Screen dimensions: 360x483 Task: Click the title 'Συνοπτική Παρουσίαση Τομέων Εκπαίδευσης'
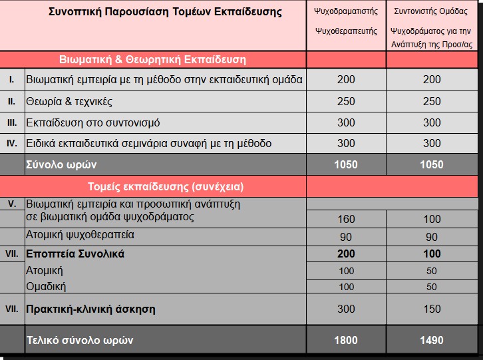[165, 12]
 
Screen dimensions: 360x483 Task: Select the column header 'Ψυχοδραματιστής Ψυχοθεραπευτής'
[345, 21]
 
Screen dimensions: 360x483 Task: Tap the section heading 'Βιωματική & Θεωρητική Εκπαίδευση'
[152, 60]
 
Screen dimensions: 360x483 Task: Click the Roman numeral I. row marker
[11, 80]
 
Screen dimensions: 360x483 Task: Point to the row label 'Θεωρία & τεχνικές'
[69, 102]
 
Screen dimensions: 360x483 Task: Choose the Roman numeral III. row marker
[11, 123]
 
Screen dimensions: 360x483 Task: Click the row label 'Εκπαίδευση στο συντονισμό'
[92, 123]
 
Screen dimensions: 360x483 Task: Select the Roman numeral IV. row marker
[11, 144]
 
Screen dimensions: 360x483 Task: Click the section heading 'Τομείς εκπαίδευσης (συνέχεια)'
[166, 186]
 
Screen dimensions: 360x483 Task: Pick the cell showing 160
[346, 220]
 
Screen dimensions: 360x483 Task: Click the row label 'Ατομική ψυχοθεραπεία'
[80, 235]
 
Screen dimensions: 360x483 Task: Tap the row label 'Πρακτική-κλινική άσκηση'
[90, 309]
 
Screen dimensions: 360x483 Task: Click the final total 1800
[346, 340]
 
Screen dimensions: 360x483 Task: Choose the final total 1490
[432, 340]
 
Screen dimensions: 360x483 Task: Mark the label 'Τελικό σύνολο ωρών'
[79, 340]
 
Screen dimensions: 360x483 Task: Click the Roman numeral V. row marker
[11, 204]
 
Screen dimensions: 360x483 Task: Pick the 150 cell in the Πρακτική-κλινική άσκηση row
[432, 309]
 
